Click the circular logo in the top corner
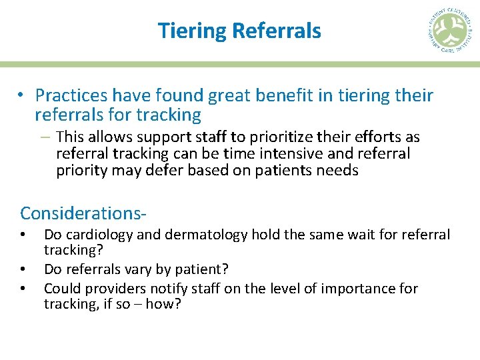coord(449,31)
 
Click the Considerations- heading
coord(83,213)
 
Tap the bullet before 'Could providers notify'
coord(23,288)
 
